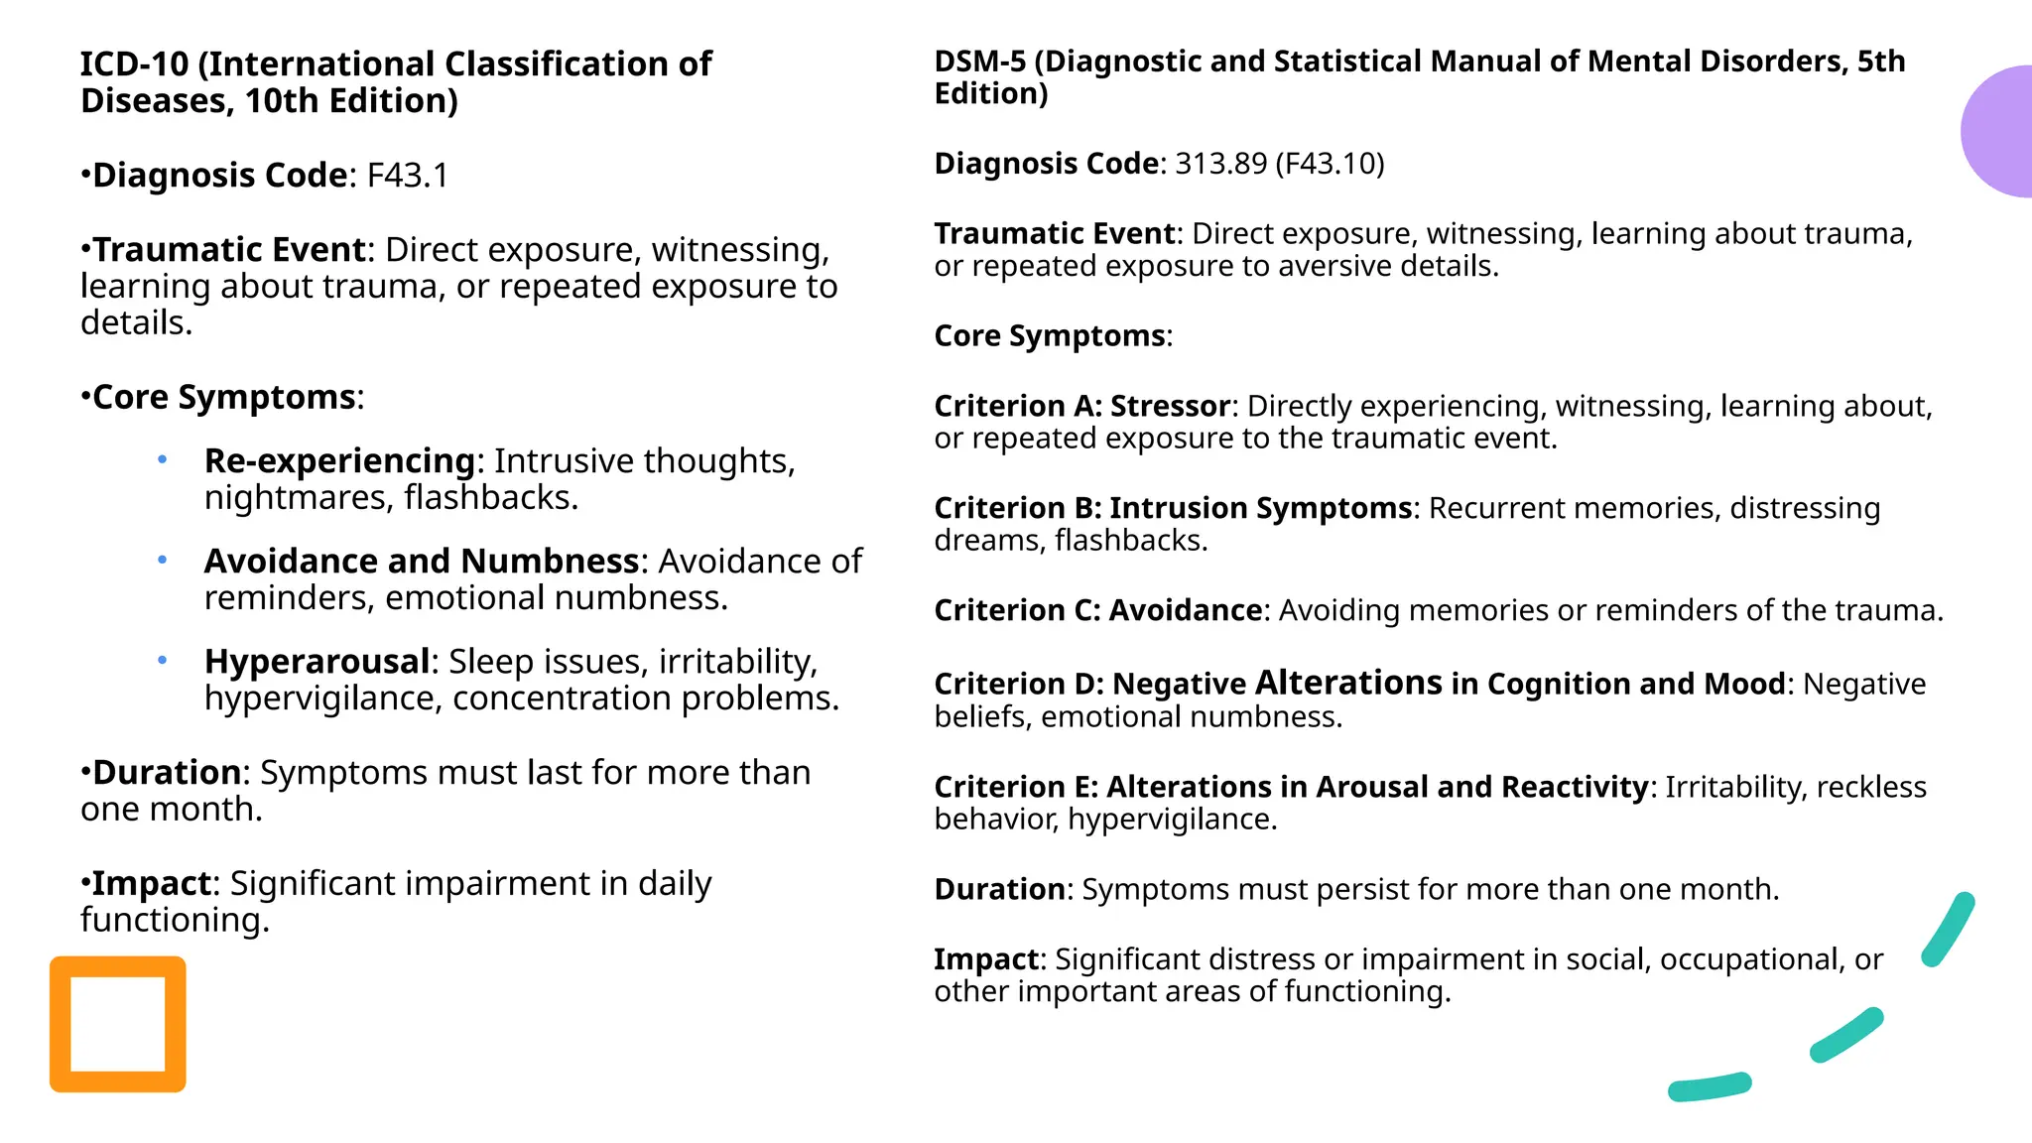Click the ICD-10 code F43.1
[x=408, y=176]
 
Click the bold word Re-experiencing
[x=339, y=461]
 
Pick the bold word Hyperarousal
[x=317, y=662]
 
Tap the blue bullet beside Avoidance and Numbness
[x=162, y=561]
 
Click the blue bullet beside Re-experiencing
[x=162, y=460]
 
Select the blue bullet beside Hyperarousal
[x=162, y=661]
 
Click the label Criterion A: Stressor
[x=1081, y=407]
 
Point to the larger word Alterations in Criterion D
[x=1348, y=683]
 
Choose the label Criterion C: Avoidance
[x=1097, y=610]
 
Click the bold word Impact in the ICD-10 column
[x=152, y=884]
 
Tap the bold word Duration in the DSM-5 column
[x=999, y=889]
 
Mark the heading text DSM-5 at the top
[x=979, y=62]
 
